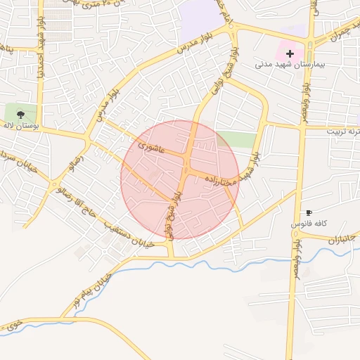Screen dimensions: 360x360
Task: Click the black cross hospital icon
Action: (x=290, y=53)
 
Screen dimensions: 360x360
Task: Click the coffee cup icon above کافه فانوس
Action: (x=309, y=212)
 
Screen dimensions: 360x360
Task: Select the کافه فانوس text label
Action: (x=307, y=224)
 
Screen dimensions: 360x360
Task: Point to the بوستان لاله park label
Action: (x=18, y=124)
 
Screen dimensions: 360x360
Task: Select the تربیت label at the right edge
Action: (x=344, y=131)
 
